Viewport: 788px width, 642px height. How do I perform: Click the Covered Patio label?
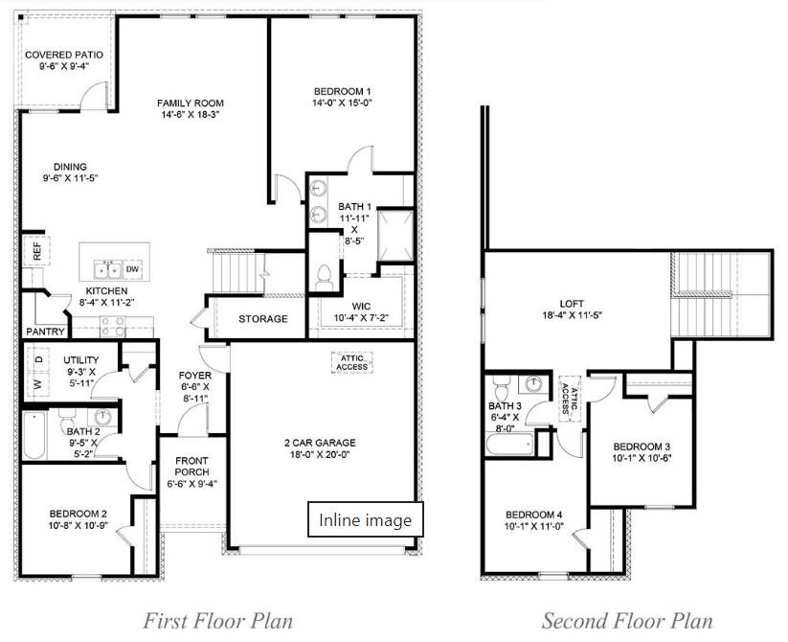[63, 55]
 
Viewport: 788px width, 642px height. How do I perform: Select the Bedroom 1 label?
[342, 90]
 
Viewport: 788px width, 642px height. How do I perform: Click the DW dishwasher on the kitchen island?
[132, 268]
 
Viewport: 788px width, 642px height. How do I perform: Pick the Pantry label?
[45, 332]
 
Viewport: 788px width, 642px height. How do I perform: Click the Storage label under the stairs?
[262, 319]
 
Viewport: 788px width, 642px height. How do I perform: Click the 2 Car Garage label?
[319, 443]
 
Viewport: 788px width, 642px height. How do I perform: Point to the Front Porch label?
[191, 467]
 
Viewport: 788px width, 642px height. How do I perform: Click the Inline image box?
[365, 520]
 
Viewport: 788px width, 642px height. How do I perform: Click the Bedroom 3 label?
[642, 447]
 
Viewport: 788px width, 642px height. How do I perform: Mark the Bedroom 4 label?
[533, 515]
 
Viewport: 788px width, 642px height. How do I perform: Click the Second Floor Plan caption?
[626, 620]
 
